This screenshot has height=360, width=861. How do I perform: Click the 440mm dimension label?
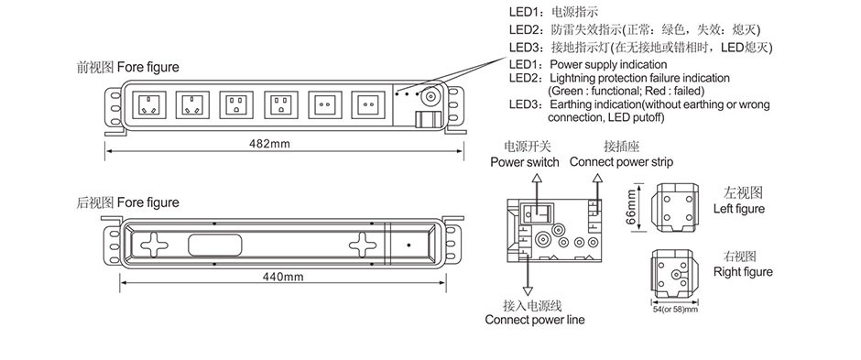pyautogui.click(x=283, y=277)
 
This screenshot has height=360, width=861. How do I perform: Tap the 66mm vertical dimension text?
pyautogui.click(x=631, y=207)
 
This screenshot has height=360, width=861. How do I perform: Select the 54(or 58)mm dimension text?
pyautogui.click(x=675, y=310)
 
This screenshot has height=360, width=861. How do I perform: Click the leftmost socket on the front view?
pyautogui.click(x=148, y=104)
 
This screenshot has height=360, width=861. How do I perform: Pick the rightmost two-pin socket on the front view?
pyautogui.click(x=368, y=104)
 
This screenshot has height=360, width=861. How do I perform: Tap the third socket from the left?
pyautogui.click(x=236, y=104)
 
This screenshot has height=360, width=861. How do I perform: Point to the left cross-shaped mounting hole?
pyautogui.click(x=154, y=245)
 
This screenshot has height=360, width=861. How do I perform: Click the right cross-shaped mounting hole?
pyautogui.click(x=363, y=245)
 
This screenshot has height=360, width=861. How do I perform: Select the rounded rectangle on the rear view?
pyautogui.click(x=214, y=245)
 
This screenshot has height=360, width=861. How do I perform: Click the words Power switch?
pyautogui.click(x=525, y=162)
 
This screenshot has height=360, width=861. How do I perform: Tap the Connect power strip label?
pyautogui.click(x=621, y=162)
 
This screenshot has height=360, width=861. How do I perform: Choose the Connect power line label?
pyautogui.click(x=535, y=320)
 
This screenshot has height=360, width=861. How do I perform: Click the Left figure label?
pyautogui.click(x=739, y=209)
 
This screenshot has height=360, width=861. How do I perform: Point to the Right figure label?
pyautogui.click(x=743, y=272)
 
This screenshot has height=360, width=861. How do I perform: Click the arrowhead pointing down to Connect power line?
pyautogui.click(x=529, y=291)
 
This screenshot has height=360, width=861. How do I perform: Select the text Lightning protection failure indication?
pyautogui.click(x=639, y=79)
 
